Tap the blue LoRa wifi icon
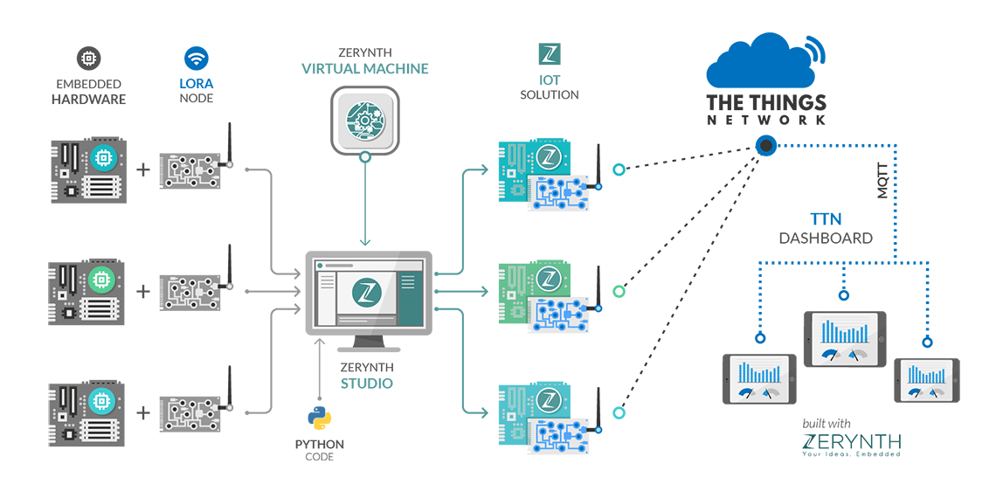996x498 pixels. pyautogui.click(x=197, y=59)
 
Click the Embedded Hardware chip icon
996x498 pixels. pyautogui.click(x=88, y=59)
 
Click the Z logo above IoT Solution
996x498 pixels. pyautogui.click(x=550, y=54)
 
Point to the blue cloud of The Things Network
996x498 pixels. pyautogui.click(x=765, y=64)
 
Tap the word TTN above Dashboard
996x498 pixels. pyautogui.click(x=826, y=220)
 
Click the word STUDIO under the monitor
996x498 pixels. pyautogui.click(x=366, y=383)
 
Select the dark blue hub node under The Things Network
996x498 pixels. pyautogui.click(x=766, y=146)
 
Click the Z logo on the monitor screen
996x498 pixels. pyautogui.click(x=366, y=292)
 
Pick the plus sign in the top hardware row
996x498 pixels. pyautogui.click(x=143, y=169)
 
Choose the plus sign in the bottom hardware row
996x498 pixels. pyautogui.click(x=143, y=413)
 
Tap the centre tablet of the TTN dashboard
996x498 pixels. pyautogui.click(x=845, y=339)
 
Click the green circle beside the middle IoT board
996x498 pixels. pyautogui.click(x=619, y=292)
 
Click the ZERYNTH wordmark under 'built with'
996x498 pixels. pyautogui.click(x=851, y=441)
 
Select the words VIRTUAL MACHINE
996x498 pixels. pyautogui.click(x=364, y=69)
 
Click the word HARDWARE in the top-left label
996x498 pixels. pyautogui.click(x=88, y=99)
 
